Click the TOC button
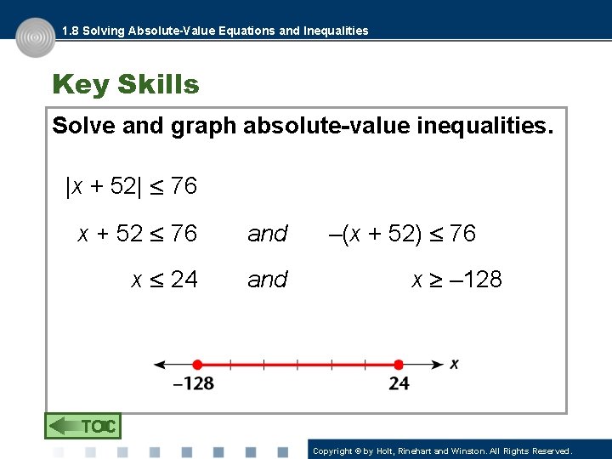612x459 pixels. click(x=82, y=426)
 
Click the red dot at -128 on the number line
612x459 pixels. click(x=197, y=364)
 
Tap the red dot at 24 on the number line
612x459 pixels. click(x=398, y=364)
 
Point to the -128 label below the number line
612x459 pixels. click(x=194, y=384)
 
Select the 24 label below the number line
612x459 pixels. click(x=399, y=384)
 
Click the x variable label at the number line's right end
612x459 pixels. click(x=455, y=363)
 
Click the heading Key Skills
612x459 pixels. click(x=125, y=85)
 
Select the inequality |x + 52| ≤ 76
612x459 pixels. click(x=131, y=185)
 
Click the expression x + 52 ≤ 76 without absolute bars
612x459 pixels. click(x=138, y=233)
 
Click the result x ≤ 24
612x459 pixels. click(x=164, y=279)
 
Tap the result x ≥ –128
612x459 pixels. click(x=456, y=279)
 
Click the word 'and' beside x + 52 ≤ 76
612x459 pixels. click(x=268, y=234)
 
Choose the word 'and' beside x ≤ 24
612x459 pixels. click(x=268, y=280)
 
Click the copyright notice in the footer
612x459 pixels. click(x=442, y=450)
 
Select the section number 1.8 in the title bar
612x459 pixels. click(x=71, y=31)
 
